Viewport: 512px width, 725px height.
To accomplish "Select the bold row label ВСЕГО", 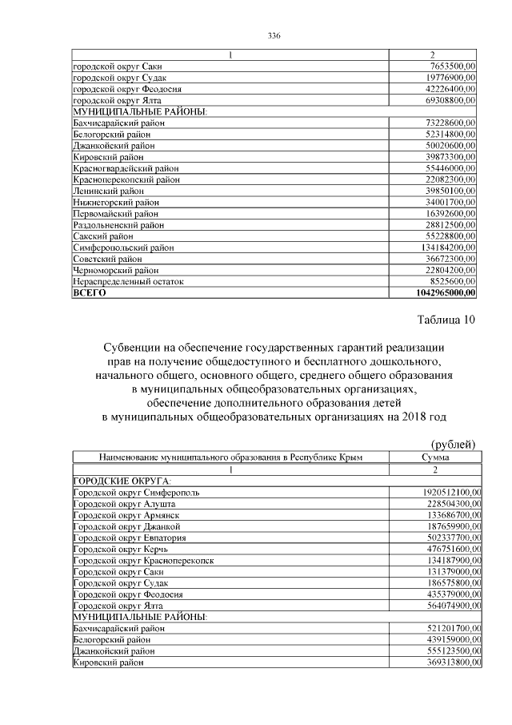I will coord(89,293).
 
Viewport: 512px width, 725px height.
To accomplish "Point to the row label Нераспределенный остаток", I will coord(128,282).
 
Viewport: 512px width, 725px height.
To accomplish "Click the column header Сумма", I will coord(434,457).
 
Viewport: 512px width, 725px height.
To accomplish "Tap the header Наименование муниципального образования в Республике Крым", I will coord(230,457).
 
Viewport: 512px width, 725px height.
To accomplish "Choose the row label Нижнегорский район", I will coord(117,203).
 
